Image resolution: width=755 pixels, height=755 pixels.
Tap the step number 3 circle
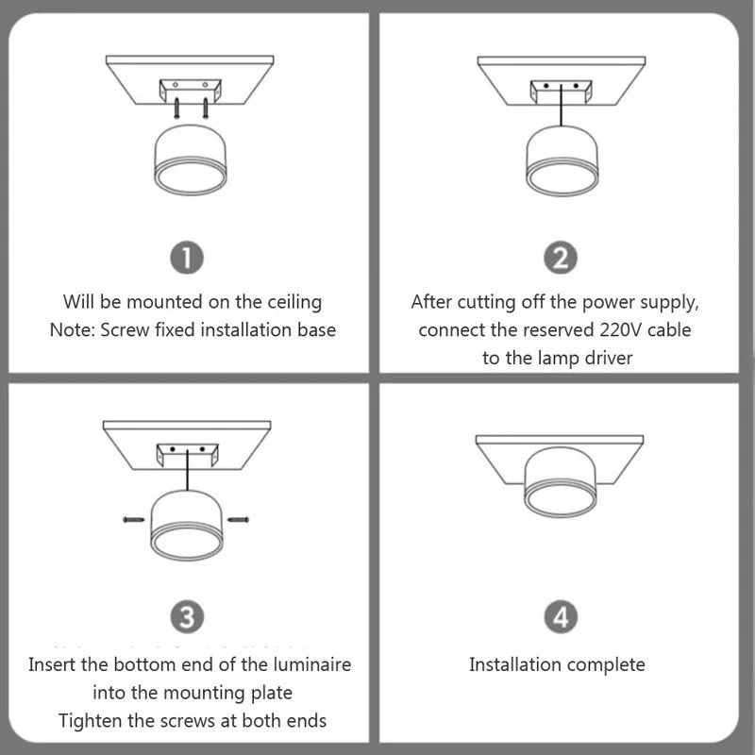(187, 618)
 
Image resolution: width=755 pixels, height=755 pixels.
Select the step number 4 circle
(561, 618)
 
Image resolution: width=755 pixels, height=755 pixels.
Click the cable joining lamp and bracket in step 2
(563, 109)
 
